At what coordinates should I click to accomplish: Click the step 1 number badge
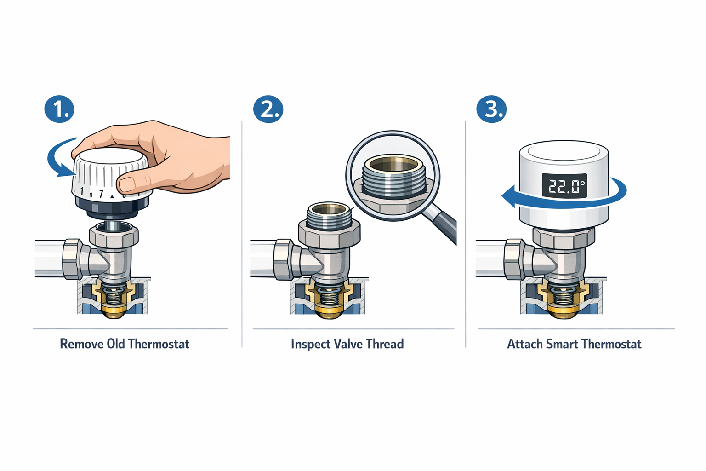59,109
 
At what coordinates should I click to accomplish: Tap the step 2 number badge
268,109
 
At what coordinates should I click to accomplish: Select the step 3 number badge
491,109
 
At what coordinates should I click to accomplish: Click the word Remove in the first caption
81,344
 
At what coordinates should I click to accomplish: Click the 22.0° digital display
564,186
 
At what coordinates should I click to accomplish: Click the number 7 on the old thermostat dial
101,194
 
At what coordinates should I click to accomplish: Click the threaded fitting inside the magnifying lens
394,180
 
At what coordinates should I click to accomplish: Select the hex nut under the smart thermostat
564,237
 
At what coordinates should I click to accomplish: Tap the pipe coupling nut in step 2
283,260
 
